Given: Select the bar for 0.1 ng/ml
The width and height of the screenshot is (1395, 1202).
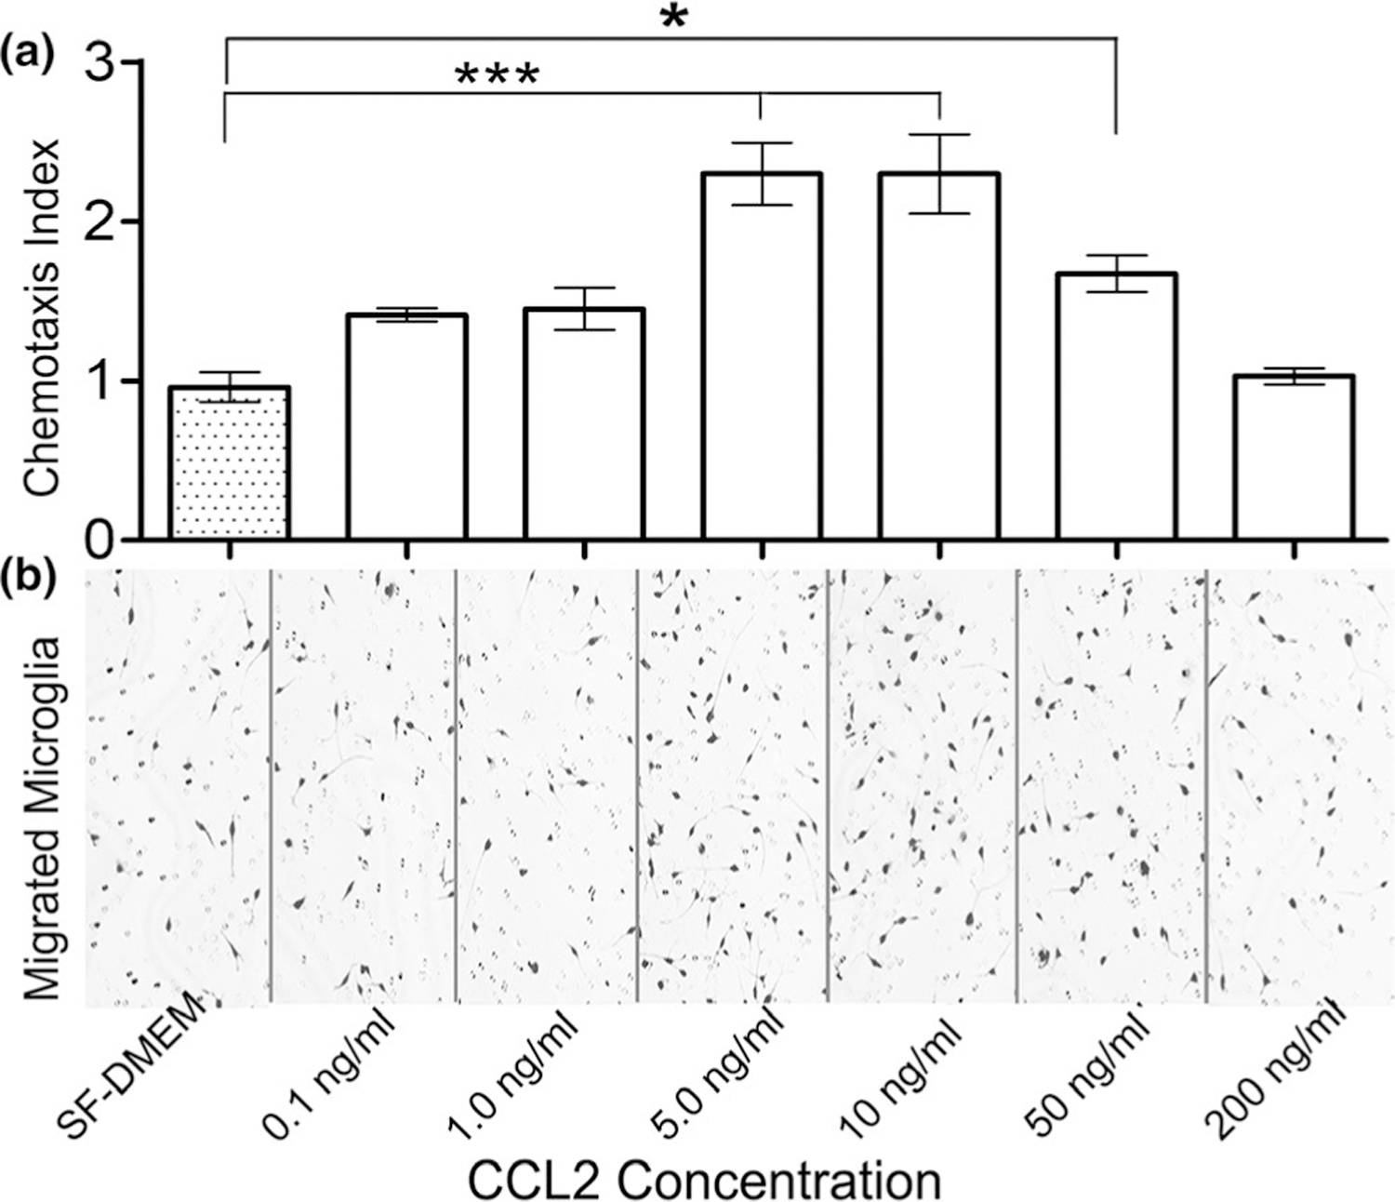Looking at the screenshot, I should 406,427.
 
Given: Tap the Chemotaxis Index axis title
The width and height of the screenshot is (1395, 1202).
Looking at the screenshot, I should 42,316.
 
